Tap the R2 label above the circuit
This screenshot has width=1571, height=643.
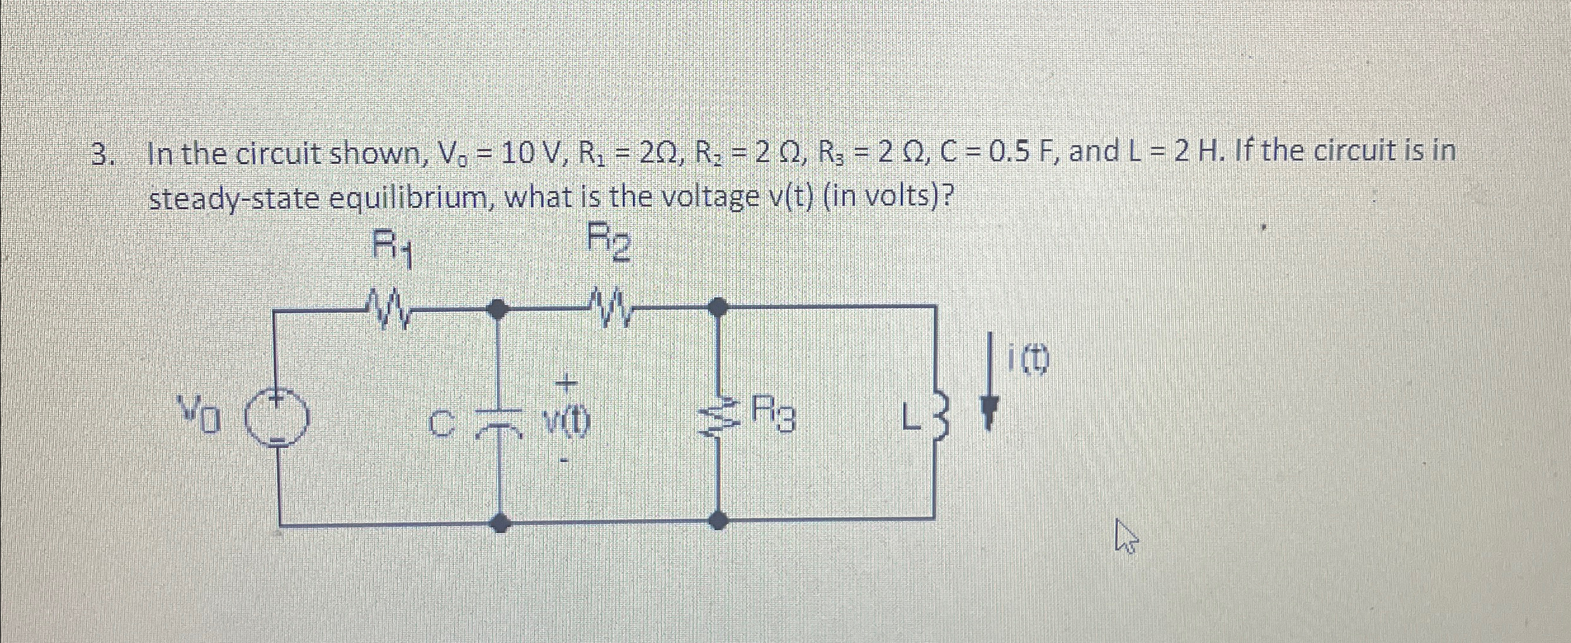pos(609,241)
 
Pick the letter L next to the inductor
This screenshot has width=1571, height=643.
pos(911,419)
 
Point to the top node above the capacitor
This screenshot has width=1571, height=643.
pos(499,309)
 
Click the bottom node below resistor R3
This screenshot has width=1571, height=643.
pos(718,521)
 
